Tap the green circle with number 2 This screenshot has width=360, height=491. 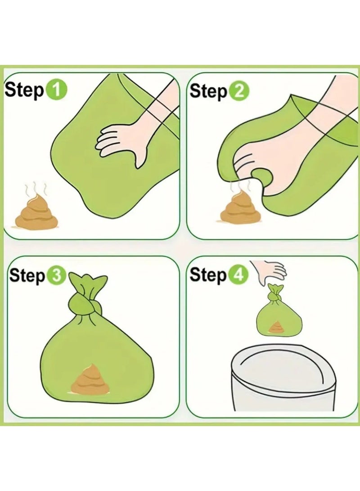(239, 92)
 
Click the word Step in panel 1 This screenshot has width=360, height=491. (24, 91)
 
